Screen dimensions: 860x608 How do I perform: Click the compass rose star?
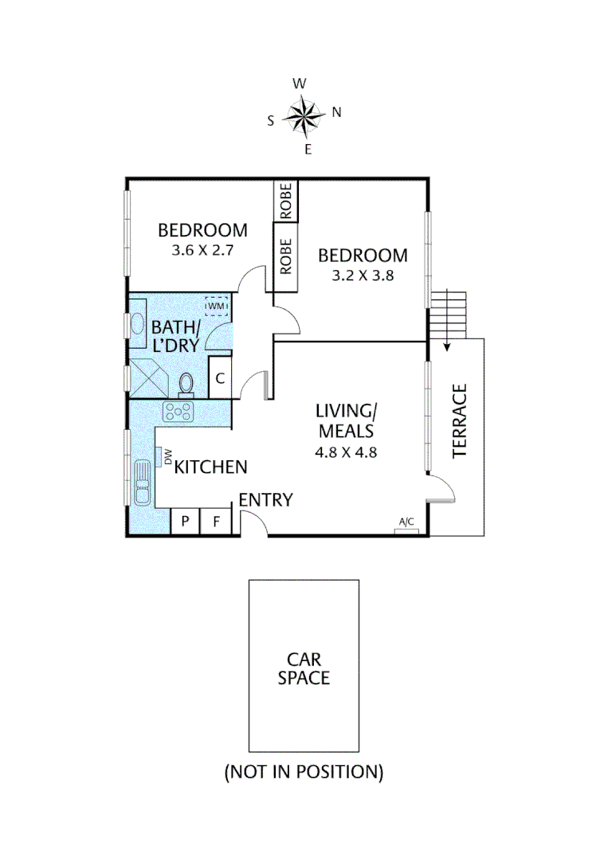pyautogui.click(x=304, y=115)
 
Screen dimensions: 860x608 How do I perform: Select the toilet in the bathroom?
pyautogui.click(x=187, y=382)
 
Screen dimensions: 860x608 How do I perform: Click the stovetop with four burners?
pyautogui.click(x=178, y=412)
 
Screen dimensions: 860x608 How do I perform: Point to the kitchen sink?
pyautogui.click(x=142, y=482)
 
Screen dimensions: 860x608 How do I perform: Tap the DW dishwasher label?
pyautogui.click(x=168, y=456)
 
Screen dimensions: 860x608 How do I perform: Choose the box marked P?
pyautogui.click(x=185, y=522)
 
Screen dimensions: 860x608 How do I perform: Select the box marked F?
pyautogui.click(x=215, y=522)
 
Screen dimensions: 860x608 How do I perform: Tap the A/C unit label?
pyautogui.click(x=406, y=523)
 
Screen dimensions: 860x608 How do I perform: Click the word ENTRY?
pyautogui.click(x=266, y=500)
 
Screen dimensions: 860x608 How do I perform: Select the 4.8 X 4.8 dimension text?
pyautogui.click(x=346, y=452)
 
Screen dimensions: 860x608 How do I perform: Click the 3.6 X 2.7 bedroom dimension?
pyautogui.click(x=202, y=250)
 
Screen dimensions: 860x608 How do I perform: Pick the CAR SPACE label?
pyautogui.click(x=304, y=669)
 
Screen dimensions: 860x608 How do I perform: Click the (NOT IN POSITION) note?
pyautogui.click(x=304, y=772)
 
